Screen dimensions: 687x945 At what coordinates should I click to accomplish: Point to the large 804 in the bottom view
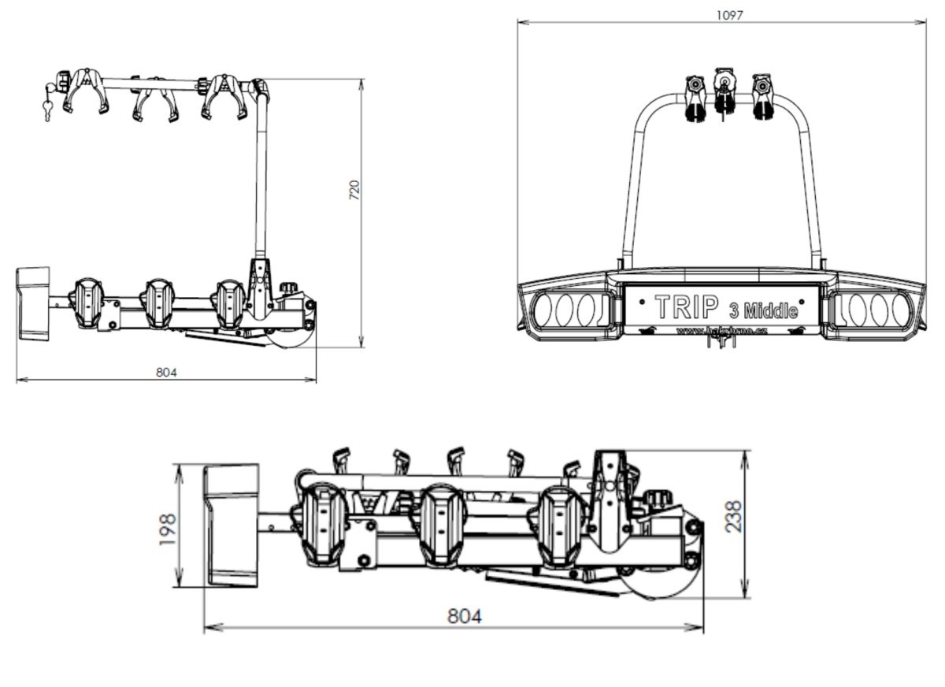(463, 616)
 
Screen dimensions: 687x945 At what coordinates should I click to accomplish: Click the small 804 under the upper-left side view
(166, 372)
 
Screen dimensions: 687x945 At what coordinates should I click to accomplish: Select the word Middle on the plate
(770, 311)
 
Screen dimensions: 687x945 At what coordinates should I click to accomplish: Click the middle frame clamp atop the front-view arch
(722, 94)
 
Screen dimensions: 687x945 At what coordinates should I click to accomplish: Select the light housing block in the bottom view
(232, 525)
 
